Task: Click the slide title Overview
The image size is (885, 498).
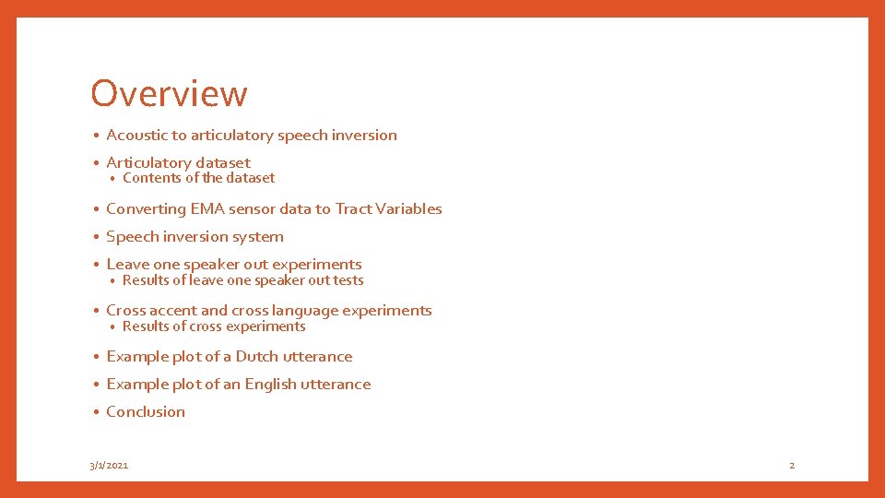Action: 169,93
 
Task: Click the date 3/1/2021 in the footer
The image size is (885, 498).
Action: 109,465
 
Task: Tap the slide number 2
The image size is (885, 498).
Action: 791,465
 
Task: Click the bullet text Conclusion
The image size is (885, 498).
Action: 146,411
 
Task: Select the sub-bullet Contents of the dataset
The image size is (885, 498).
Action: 198,178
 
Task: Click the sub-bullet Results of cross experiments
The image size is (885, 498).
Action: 214,326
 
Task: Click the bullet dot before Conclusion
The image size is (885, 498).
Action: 96,412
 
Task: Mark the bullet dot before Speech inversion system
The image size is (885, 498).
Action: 96,237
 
